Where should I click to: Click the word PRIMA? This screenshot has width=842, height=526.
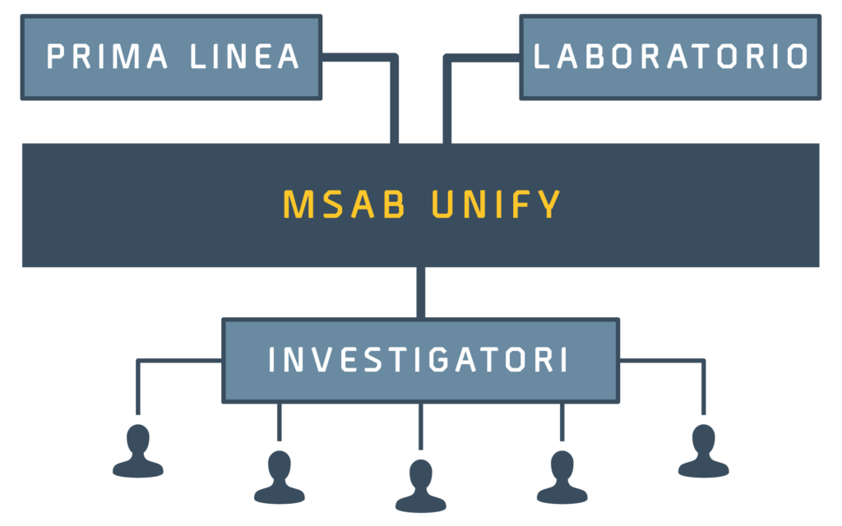107,57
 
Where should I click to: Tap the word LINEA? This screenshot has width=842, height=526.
244,57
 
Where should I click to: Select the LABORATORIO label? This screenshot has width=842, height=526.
670,57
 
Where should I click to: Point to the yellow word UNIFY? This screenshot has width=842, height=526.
496,205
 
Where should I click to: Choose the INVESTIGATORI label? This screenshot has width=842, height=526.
419,361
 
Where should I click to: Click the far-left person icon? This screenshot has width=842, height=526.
137,452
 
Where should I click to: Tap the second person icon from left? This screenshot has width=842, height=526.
279,478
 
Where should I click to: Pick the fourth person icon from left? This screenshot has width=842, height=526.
562,478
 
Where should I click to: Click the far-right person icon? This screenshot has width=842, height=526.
703,452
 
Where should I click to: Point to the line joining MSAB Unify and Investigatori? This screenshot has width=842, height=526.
420,293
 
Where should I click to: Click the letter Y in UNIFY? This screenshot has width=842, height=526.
550,205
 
